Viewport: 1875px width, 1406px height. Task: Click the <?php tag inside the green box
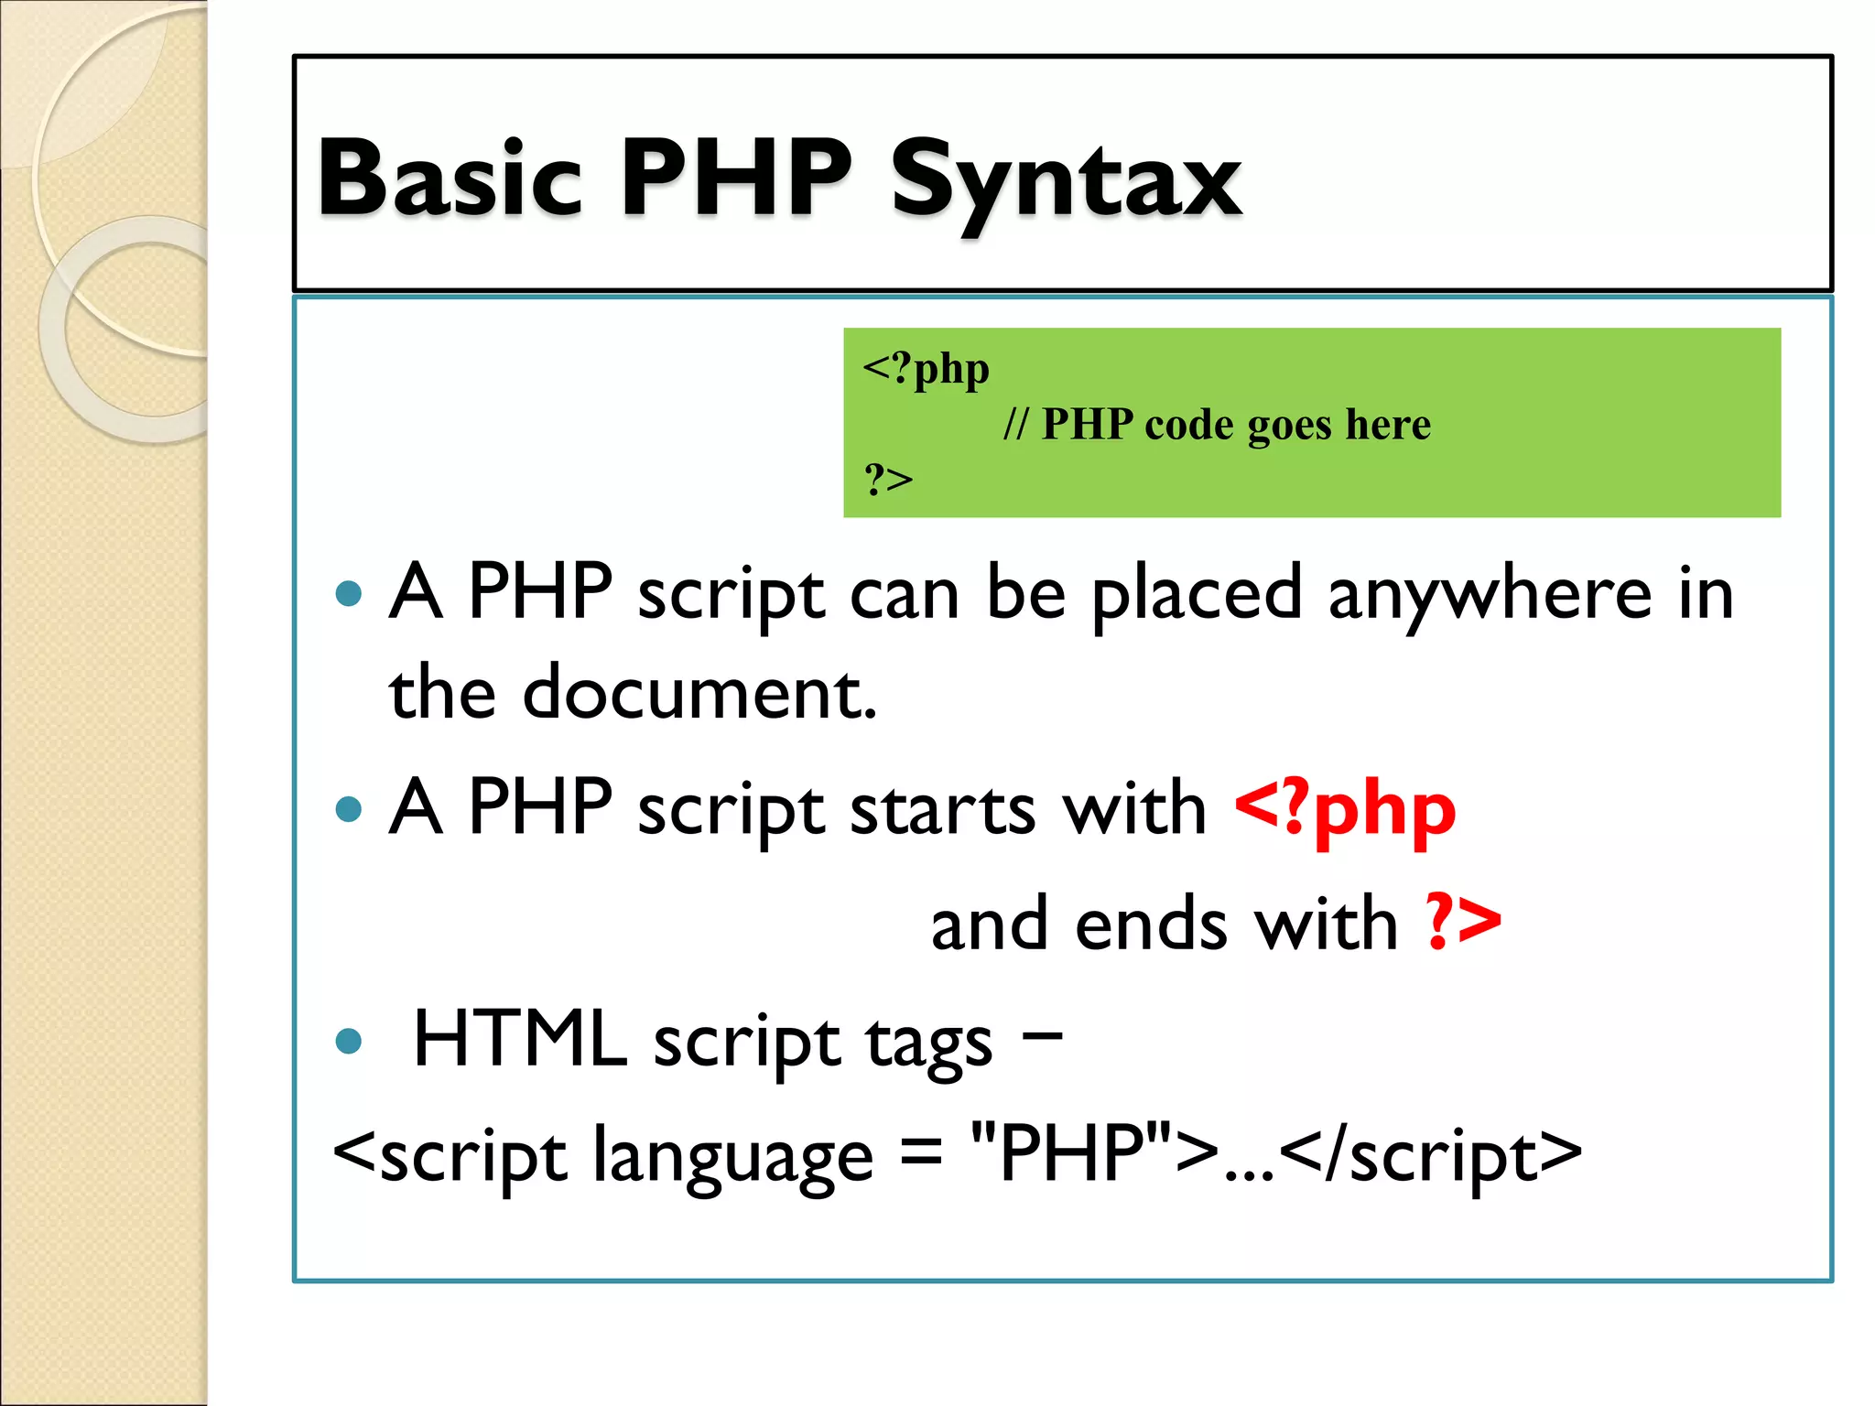[926, 369]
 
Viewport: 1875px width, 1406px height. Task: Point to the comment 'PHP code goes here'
[1235, 425]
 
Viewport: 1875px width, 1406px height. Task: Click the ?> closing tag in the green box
[888, 479]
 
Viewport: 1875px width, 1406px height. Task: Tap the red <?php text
[1344, 809]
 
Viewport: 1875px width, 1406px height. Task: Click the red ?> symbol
[1463, 923]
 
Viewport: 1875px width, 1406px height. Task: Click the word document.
[699, 694]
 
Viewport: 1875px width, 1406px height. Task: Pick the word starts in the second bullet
[942, 809]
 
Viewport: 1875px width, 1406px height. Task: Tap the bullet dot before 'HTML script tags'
[349, 1041]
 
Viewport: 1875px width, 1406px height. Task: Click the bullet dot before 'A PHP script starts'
[349, 809]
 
